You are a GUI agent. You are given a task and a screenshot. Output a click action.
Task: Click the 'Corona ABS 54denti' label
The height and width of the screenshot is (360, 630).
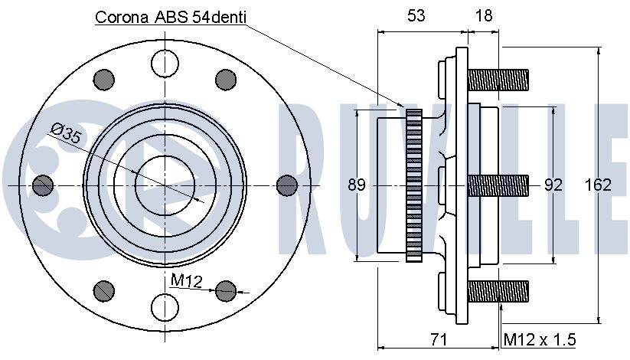pos(171,17)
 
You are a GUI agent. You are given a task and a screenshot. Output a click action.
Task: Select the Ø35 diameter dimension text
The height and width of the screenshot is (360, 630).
pos(67,134)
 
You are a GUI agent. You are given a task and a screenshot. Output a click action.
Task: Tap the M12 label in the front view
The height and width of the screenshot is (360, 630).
pos(187,280)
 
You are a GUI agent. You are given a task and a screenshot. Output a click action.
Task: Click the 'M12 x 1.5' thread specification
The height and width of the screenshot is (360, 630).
pos(540,339)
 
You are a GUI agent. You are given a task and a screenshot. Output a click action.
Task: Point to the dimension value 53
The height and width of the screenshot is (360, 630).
pos(416,15)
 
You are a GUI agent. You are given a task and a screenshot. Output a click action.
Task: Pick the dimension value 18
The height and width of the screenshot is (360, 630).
pos(483,15)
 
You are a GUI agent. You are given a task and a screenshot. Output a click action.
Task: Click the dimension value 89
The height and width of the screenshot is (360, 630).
pos(357,185)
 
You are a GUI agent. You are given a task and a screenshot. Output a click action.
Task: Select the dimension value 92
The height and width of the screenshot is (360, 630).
pos(553,185)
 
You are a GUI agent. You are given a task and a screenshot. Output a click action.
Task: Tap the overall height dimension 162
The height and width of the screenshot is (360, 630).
pos(598,185)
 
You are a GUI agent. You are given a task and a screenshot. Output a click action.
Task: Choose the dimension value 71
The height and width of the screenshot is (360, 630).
pos(439,339)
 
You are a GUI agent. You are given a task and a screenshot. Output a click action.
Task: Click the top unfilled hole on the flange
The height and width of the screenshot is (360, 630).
pos(165,63)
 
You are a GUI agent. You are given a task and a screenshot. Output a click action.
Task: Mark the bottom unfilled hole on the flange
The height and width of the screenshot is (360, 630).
pos(165,307)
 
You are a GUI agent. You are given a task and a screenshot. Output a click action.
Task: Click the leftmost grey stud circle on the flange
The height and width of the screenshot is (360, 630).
pos(43,185)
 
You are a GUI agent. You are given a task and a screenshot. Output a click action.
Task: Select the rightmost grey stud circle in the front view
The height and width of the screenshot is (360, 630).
pos(287,185)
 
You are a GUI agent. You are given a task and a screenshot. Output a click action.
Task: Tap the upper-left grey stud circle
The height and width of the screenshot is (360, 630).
pos(103,80)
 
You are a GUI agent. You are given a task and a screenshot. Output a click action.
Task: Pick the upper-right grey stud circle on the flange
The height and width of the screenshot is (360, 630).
pos(226,80)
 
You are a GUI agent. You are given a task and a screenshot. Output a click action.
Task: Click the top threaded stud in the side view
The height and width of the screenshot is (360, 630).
pos(498,80)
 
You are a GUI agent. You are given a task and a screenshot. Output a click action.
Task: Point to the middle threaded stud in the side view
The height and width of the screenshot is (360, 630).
pos(498,185)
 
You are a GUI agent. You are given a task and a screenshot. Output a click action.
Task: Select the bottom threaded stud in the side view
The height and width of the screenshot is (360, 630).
pos(498,291)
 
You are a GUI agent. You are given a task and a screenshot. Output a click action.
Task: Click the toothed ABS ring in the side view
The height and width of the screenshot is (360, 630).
pos(414,185)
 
